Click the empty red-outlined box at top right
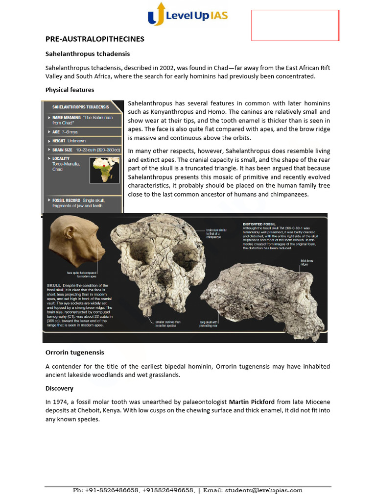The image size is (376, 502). tap(295, 25)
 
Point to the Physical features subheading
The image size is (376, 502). tap(70, 90)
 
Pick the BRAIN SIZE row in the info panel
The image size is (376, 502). tap(83, 150)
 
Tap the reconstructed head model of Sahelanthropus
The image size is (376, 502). tap(78, 243)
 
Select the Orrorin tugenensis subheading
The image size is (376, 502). tap(74, 352)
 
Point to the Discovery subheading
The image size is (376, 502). tap(59, 388)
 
